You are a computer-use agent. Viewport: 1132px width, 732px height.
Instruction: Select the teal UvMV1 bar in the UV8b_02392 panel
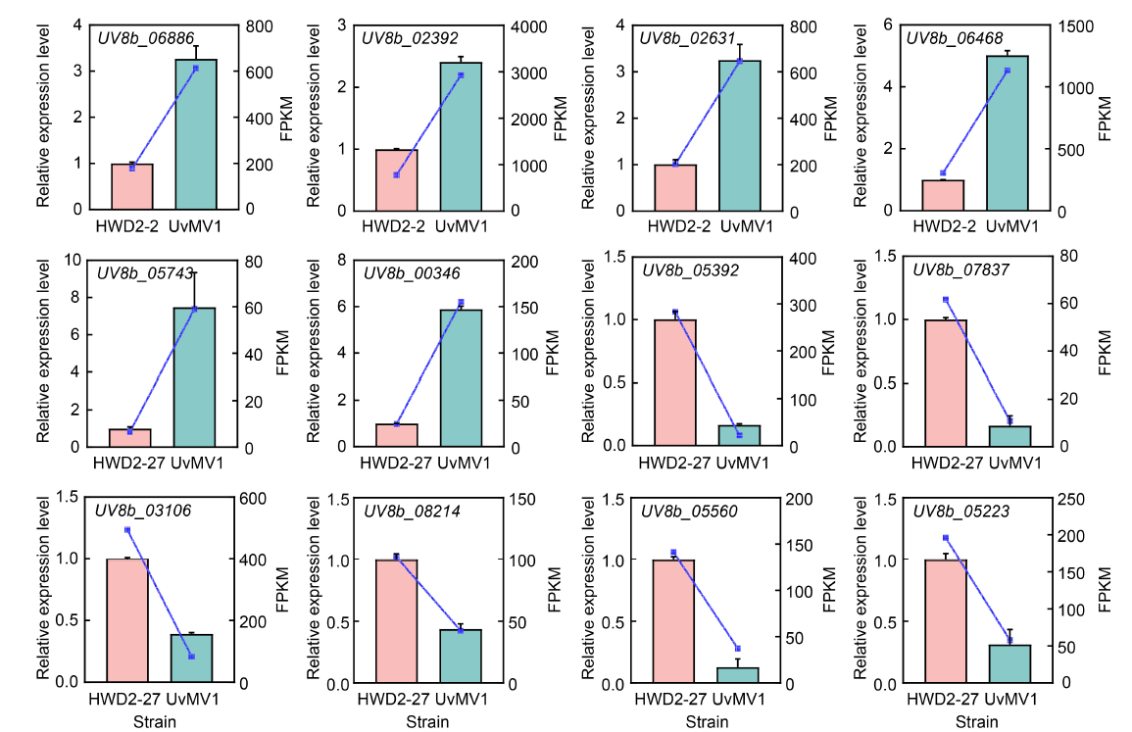pos(461,136)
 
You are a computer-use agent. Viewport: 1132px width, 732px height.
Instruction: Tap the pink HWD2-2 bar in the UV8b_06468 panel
pos(942,195)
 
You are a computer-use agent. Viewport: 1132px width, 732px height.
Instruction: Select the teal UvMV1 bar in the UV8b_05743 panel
pos(194,377)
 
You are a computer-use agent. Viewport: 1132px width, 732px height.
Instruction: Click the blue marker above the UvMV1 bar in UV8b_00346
pos(461,303)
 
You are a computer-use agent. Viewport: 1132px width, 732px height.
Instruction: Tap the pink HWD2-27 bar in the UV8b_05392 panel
pos(674,383)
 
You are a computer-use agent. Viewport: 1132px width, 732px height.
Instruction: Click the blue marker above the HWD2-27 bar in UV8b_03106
pos(127,530)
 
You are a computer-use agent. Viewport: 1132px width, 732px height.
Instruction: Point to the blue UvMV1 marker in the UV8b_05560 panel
pos(738,649)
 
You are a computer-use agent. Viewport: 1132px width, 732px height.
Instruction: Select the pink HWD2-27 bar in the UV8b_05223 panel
pos(946,621)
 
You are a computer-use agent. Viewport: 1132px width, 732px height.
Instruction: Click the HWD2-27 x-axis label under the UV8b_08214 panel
pos(394,700)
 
